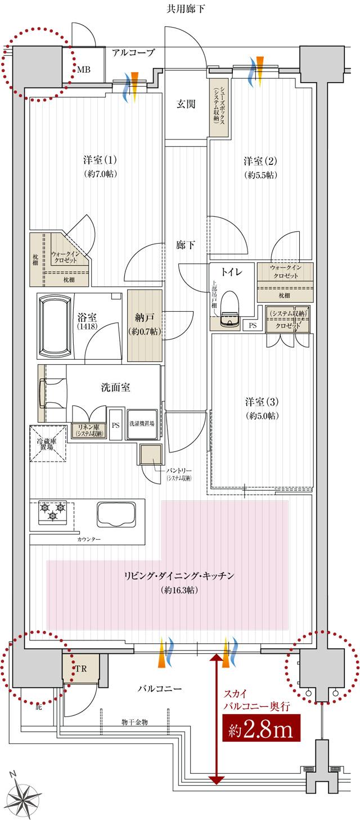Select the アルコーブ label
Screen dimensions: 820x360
(x=133, y=53)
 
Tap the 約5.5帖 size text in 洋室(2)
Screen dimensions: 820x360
(x=260, y=174)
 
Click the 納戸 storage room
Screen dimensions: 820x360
(x=145, y=325)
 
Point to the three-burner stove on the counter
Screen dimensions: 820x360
(x=52, y=512)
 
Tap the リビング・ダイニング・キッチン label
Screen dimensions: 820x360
(x=179, y=576)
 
